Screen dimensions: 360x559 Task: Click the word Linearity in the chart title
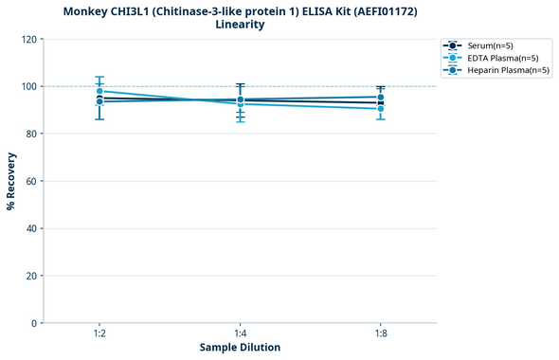click(x=240, y=25)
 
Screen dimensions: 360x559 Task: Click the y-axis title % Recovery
click(x=11, y=181)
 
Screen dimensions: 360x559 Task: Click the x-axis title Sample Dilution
click(x=240, y=348)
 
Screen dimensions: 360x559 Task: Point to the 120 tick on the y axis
click(x=28, y=39)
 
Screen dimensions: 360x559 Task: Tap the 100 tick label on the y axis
click(x=28, y=86)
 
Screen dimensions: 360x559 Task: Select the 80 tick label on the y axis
click(x=31, y=134)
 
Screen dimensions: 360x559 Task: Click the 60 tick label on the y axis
click(x=31, y=181)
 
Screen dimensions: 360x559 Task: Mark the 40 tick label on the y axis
click(x=31, y=228)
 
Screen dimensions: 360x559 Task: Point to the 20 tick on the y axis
click(x=31, y=276)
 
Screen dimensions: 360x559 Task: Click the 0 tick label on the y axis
click(x=34, y=323)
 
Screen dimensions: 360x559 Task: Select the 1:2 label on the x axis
click(x=99, y=333)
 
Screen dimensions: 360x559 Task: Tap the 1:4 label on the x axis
click(x=240, y=333)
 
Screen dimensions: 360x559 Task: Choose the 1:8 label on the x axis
click(x=380, y=333)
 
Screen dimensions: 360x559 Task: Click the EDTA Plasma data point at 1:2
click(x=99, y=91)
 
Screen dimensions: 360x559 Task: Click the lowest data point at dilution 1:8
click(x=380, y=109)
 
